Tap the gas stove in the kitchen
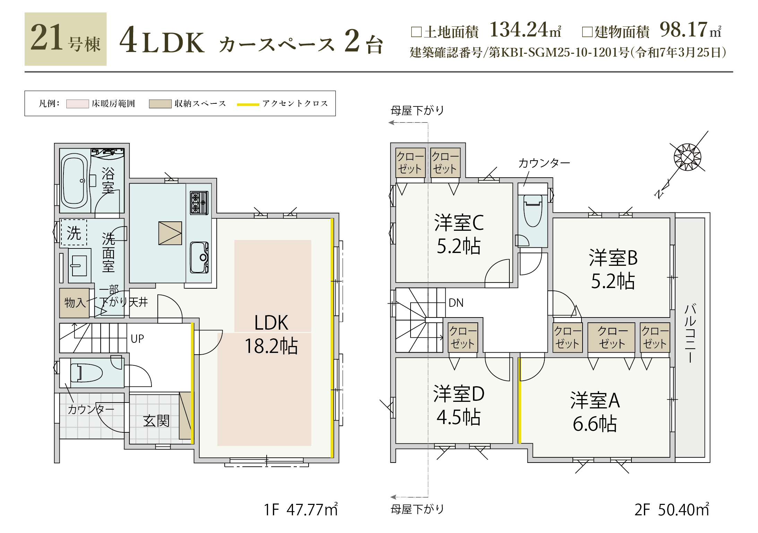click(199, 202)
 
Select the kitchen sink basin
click(199, 257)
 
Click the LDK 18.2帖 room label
click(271, 334)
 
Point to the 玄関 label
click(156, 421)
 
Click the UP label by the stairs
click(137, 339)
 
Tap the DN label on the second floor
click(456, 303)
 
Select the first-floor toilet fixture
click(86, 373)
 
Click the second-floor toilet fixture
click(533, 210)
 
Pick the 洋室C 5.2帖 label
click(459, 234)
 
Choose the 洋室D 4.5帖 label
click(459, 405)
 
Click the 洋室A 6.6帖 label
click(595, 412)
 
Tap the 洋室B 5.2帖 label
click(613, 269)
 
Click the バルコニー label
click(690, 333)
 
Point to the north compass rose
click(687, 157)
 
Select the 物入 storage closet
click(75, 303)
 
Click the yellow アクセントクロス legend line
click(248, 104)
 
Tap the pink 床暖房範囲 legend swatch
click(78, 104)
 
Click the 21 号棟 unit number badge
click(66, 39)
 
